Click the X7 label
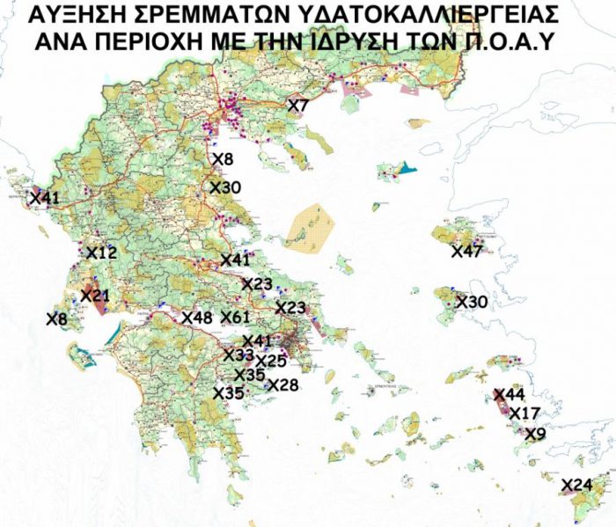click(x=298, y=106)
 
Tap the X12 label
click(x=101, y=253)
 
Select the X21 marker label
click(x=95, y=295)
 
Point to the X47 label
click(x=466, y=253)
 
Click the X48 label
click(x=197, y=318)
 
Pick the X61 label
click(x=236, y=318)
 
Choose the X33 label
click(x=238, y=355)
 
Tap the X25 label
click(x=271, y=361)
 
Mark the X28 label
click(x=283, y=384)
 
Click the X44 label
click(x=509, y=395)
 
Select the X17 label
click(x=524, y=414)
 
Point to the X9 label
click(x=535, y=433)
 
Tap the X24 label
click(x=576, y=485)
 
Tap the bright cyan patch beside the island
click(x=406, y=166)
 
